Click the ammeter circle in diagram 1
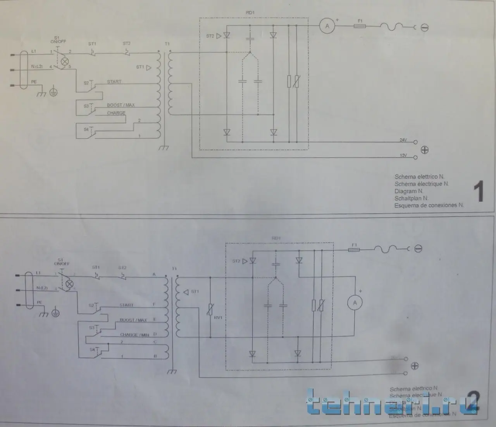pyautogui.click(x=327, y=26)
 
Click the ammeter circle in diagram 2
pyautogui.click(x=355, y=303)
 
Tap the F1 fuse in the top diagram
pyautogui.click(x=360, y=26)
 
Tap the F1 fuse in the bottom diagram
pyautogui.click(x=354, y=250)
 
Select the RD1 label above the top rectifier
pyautogui.click(x=250, y=13)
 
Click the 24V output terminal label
pyautogui.click(x=403, y=140)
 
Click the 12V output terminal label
pyautogui.click(x=403, y=156)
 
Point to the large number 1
pyautogui.click(x=479, y=192)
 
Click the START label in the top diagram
pyautogui.click(x=114, y=82)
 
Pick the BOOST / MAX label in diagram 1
pyautogui.click(x=121, y=105)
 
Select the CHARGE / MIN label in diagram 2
pyautogui.click(x=134, y=335)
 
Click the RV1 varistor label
pyautogui.click(x=219, y=317)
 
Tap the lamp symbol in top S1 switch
pyautogui.click(x=65, y=61)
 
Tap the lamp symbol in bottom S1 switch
pyautogui.click(x=69, y=284)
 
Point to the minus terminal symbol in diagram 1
pyautogui.click(x=425, y=27)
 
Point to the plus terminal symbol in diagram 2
pyautogui.click(x=415, y=365)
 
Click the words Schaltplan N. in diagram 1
pyautogui.click(x=412, y=198)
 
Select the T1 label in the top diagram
pyautogui.click(x=167, y=44)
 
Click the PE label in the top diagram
pyautogui.click(x=34, y=82)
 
